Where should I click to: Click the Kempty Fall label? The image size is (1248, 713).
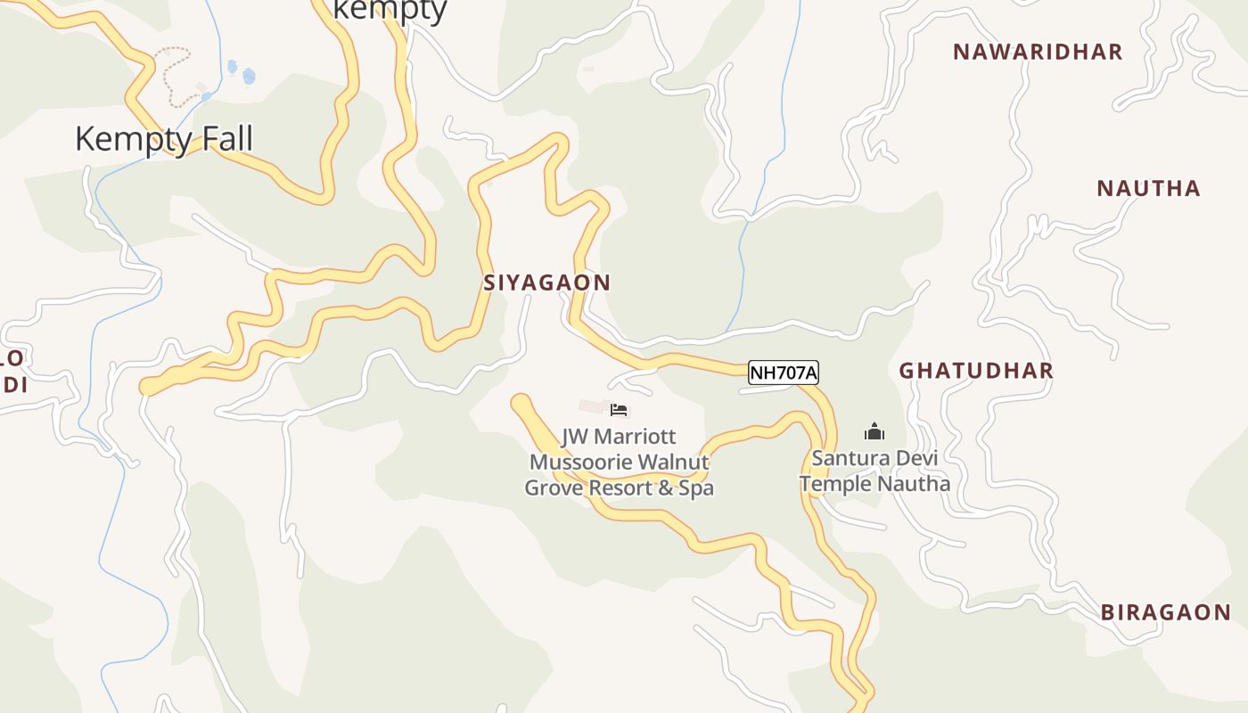[164, 139]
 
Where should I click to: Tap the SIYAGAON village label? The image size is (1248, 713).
[546, 283]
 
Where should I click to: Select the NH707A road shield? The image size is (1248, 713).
[783, 373]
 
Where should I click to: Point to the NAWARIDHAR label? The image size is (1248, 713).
[1038, 52]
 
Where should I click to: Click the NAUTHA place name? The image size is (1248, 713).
[1148, 188]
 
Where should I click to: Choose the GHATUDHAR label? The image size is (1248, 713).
[975, 371]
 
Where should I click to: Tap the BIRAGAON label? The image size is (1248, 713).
[1165, 612]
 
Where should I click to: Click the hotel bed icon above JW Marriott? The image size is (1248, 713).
[619, 410]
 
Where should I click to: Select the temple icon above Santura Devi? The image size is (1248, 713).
[874, 432]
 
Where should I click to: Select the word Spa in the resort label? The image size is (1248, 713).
[696, 488]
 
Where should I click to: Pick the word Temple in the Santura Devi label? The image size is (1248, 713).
[835, 484]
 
